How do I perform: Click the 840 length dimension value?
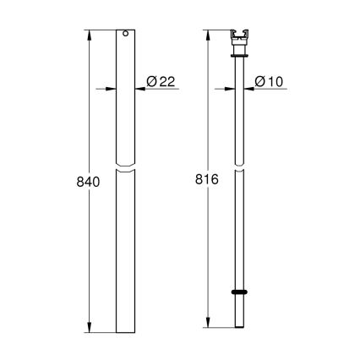pos(88,183)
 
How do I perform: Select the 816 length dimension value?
pos(207,183)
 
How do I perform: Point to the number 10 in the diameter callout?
pos(276,81)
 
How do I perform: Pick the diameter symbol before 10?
pos(261,81)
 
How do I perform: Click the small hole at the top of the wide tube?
pos(124,35)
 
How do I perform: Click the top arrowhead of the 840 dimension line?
pos(90,35)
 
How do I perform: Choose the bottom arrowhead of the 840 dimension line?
pos(90,328)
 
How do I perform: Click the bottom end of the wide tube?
pos(124,330)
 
